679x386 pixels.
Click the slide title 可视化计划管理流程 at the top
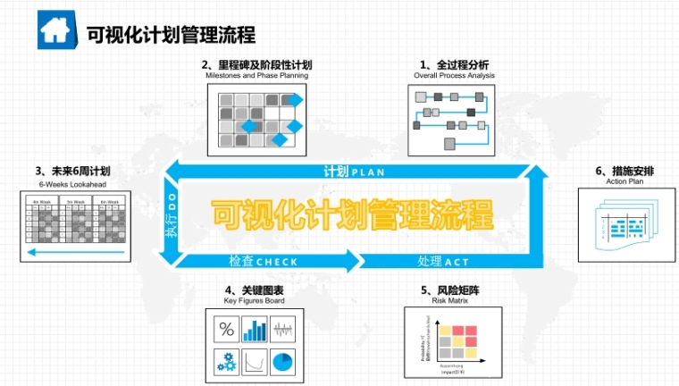point(171,34)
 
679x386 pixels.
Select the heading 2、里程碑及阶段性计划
point(256,65)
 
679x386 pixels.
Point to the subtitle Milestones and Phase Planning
point(256,76)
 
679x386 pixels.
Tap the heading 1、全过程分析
point(454,65)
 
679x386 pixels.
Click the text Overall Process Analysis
point(454,76)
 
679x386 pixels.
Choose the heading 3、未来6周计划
point(72,171)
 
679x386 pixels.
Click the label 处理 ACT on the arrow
point(443,262)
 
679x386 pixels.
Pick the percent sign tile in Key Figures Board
point(226,331)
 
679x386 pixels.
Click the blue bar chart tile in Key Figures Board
point(257,331)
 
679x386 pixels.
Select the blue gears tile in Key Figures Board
point(226,363)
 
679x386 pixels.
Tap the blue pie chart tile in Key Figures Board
point(285,363)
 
